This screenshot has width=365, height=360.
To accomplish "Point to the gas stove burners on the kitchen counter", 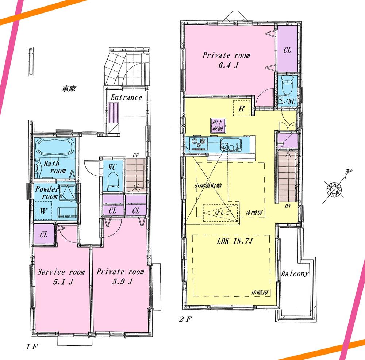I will coord(199,143).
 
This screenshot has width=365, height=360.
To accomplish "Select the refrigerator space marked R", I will coord(241,108).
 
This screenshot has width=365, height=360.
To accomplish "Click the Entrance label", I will coord(126,97).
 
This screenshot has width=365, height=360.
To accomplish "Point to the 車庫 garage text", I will coord(68,89).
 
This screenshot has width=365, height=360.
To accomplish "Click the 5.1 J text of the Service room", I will coord(61,282).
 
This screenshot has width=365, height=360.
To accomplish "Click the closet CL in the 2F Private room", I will coord(287,50).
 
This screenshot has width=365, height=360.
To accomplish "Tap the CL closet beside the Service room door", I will coord(43,235).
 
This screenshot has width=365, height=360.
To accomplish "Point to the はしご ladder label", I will coord(223,211).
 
